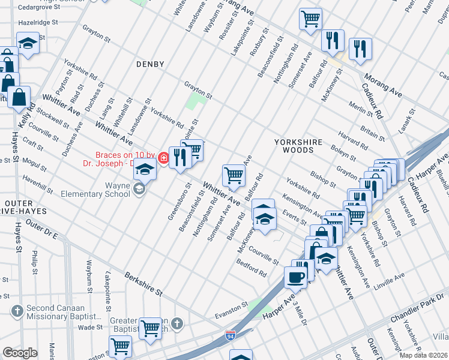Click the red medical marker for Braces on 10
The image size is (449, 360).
(x=163, y=158)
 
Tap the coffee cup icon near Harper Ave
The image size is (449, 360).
(x=295, y=277)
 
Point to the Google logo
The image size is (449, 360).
(x=20, y=353)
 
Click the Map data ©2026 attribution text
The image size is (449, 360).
(x=423, y=355)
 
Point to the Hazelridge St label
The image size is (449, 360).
(x=37, y=22)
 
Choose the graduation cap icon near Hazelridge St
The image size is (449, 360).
(x=28, y=43)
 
